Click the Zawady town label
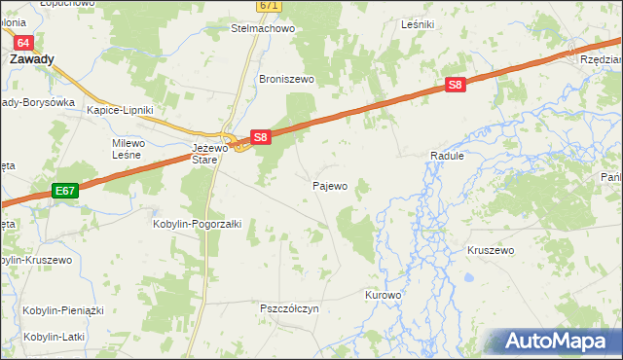click(x=31, y=58)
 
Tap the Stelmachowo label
click(x=262, y=28)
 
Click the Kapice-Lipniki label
click(x=121, y=110)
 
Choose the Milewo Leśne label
click(x=128, y=148)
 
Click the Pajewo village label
click(x=330, y=185)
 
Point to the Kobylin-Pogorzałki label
click(x=190, y=223)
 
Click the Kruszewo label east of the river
click(x=491, y=250)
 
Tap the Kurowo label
click(x=383, y=294)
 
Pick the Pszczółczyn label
click(x=289, y=308)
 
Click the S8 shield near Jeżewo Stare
click(x=260, y=137)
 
